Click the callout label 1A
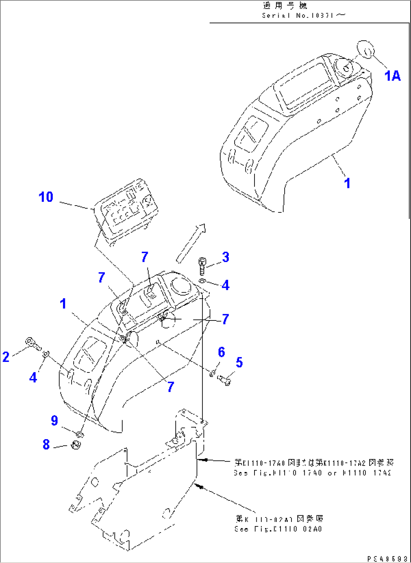click(392, 76)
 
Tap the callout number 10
click(46, 197)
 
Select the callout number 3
click(225, 257)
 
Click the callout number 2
click(6, 357)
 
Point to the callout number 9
click(54, 420)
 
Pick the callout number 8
click(46, 444)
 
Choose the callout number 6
click(221, 352)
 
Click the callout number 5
click(239, 362)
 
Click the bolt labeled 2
click(34, 343)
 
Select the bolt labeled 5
click(225, 380)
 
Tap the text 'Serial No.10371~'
click(304, 15)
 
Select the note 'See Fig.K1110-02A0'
click(278, 529)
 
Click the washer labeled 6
click(213, 373)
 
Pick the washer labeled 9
click(80, 434)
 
